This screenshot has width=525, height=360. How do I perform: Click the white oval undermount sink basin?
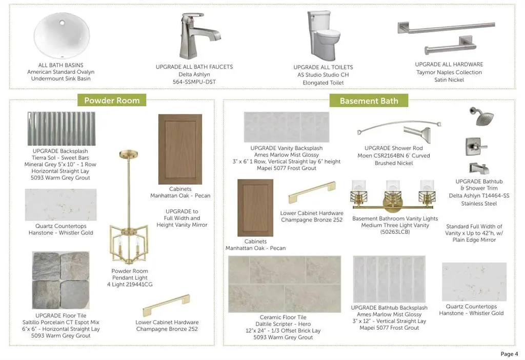[x=62, y=35]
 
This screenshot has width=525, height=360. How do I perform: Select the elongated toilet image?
[x=323, y=35]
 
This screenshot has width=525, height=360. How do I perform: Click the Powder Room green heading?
[x=112, y=100]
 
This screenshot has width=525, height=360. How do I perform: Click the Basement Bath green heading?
[x=369, y=101]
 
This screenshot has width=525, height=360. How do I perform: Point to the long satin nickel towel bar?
[x=446, y=28]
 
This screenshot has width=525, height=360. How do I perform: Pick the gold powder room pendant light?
[x=129, y=207]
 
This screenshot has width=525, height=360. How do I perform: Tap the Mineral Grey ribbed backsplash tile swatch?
[x=62, y=129]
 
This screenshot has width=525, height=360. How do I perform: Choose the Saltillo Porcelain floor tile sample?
[x=60, y=281]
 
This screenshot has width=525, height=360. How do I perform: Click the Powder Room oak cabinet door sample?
[x=180, y=149]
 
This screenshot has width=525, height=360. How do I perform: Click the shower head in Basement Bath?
[x=481, y=116]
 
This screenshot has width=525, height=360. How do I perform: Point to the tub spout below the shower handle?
[x=479, y=168]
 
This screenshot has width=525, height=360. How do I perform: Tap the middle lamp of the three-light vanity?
[x=393, y=196]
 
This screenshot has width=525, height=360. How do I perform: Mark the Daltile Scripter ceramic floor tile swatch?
[x=285, y=284]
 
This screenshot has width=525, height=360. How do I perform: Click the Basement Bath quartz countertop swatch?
[x=474, y=282]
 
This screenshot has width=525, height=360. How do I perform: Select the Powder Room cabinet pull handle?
[x=167, y=306]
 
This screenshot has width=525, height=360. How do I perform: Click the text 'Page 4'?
[x=509, y=354]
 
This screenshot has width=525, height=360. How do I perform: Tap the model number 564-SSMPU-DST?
[x=194, y=82]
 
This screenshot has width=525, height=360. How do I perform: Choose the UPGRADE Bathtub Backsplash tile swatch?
[x=389, y=279]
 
